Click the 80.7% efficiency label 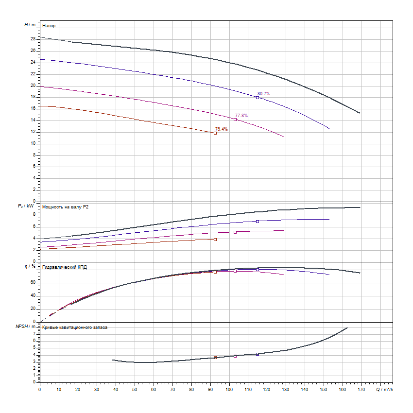(263, 93)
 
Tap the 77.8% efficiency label (241, 116)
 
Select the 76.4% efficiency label (222, 129)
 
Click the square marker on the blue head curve (258, 98)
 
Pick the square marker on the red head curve (215, 133)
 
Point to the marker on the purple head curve (235, 120)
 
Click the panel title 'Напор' (48, 25)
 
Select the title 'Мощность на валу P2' (66, 207)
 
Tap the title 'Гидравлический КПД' (65, 267)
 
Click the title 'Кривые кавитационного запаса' (75, 327)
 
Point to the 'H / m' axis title (30, 24)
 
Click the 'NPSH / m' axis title (26, 327)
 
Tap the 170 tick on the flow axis (361, 389)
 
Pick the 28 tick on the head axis (33, 39)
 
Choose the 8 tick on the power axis (34, 215)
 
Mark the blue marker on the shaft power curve (258, 222)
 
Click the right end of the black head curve (360, 113)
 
